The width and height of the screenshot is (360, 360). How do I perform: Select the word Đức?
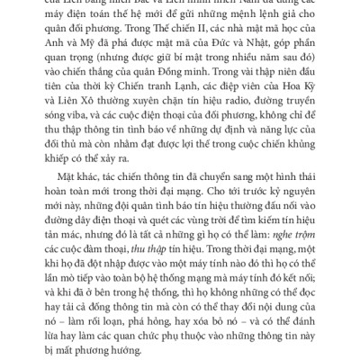[249, 63]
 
